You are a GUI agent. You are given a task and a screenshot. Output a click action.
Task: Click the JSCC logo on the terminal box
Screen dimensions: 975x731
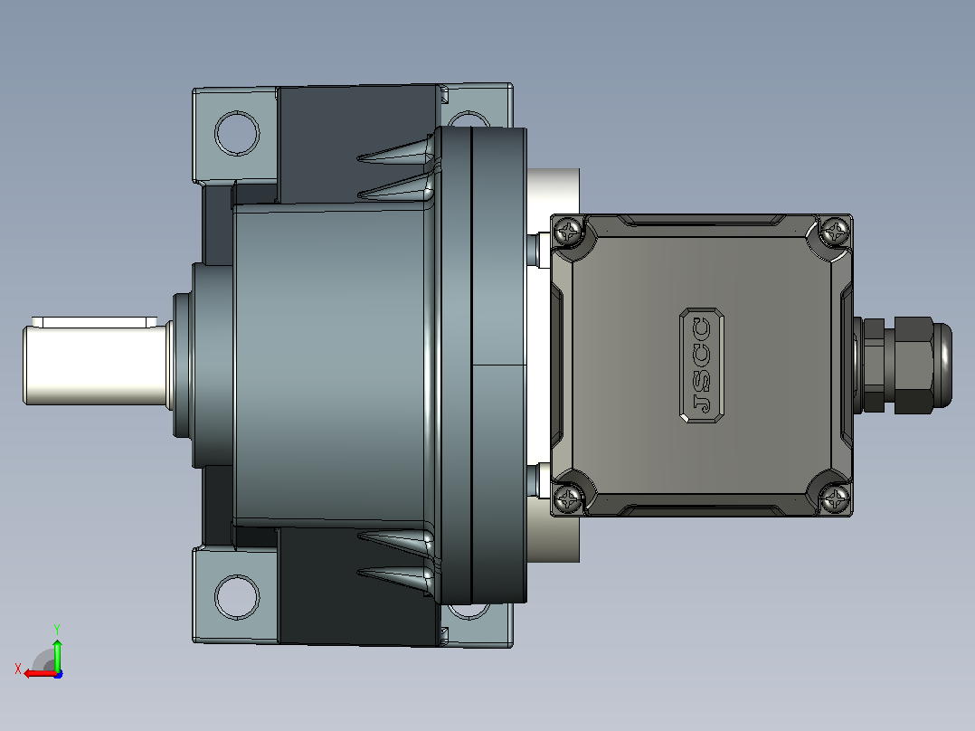702,365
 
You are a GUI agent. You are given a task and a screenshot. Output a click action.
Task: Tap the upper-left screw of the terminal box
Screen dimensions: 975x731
568,232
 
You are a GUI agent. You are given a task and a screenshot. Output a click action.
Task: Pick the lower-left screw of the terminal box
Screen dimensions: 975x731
568,498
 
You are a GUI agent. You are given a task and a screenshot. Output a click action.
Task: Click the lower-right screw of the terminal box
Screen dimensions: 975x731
835,498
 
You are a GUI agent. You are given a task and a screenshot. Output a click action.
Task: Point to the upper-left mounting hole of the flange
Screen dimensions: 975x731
237,133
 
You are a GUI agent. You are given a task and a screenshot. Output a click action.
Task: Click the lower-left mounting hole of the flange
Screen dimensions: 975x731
237,597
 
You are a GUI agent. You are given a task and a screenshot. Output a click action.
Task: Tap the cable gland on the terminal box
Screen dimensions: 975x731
903,365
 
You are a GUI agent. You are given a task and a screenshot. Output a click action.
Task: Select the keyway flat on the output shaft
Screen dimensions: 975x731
94,322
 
